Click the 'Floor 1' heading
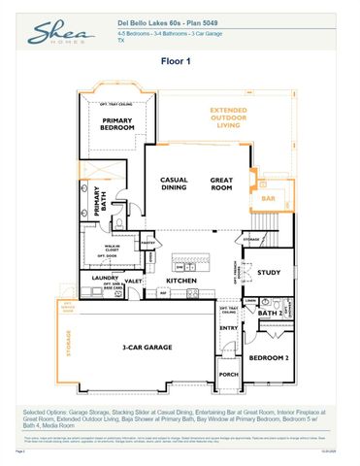(180, 60)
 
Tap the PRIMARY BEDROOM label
(116, 123)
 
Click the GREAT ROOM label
(223, 183)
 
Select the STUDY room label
(268, 273)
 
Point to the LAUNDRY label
(105, 277)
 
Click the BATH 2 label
(272, 314)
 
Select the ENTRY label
(229, 328)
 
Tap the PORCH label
(229, 374)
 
